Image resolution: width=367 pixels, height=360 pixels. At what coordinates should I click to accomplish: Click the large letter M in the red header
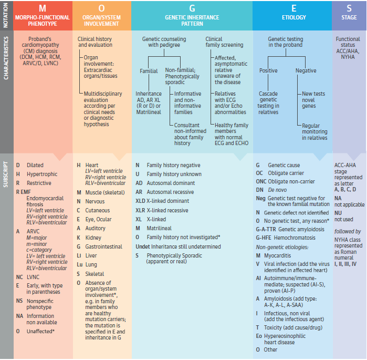click(43, 8)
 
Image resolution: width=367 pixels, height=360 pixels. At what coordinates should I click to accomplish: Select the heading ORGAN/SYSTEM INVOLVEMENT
click(101, 20)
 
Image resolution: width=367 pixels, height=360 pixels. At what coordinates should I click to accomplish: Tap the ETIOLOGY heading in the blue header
click(293, 17)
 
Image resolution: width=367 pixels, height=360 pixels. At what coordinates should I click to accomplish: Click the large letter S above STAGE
click(349, 8)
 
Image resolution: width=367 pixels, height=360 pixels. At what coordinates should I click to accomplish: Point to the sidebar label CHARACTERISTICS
click(6, 58)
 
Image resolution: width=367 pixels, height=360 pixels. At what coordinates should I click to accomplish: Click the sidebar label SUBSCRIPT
click(6, 174)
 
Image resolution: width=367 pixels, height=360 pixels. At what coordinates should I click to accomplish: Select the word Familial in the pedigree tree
click(149, 71)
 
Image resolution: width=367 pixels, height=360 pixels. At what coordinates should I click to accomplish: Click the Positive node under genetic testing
click(268, 70)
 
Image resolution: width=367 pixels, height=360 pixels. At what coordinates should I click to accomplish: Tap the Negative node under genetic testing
click(306, 70)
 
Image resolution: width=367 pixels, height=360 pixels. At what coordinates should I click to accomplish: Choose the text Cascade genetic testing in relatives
click(268, 103)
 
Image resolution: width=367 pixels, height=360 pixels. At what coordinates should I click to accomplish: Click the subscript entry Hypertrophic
click(42, 174)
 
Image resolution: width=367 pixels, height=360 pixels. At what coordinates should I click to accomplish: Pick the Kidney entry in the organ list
click(93, 238)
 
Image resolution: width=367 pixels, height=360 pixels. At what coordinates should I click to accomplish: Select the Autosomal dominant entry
click(171, 183)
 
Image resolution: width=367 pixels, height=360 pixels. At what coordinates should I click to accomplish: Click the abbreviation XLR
click(140, 210)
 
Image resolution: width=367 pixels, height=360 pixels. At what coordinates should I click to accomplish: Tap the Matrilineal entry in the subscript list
click(159, 228)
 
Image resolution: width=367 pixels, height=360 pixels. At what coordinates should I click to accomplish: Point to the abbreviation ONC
click(261, 181)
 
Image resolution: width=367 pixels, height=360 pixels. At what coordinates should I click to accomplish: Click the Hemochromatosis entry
click(295, 238)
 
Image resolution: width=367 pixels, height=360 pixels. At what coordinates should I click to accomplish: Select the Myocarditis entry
click(278, 255)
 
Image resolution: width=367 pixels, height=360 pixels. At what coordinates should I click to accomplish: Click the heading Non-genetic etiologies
click(282, 247)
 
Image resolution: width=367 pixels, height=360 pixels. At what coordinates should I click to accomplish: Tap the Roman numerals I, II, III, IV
click(345, 264)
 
